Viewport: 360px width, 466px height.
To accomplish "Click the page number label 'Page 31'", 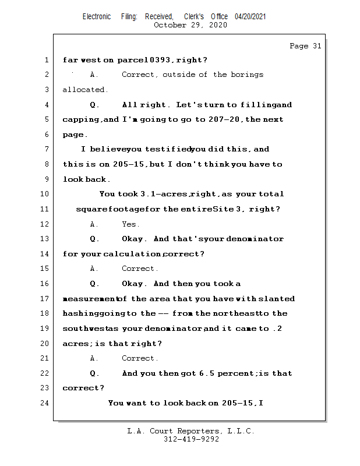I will tap(305, 46).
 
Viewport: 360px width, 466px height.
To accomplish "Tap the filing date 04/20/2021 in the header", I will tap(250, 17).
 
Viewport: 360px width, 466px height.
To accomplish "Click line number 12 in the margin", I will tap(45, 224).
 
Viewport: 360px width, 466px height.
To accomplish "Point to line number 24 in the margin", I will tap(45, 403).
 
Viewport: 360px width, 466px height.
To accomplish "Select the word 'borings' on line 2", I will tap(247, 75).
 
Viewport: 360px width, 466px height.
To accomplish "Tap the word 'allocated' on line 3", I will tap(85, 90).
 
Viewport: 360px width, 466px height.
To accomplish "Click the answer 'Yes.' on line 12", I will tap(130, 224).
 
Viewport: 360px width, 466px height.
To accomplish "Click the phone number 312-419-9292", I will tap(191, 440).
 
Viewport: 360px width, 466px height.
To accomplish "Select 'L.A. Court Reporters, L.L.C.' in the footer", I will tap(191, 432).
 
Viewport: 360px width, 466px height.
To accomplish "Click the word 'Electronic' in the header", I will tap(97, 17).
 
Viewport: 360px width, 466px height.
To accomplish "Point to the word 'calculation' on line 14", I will tap(133, 254).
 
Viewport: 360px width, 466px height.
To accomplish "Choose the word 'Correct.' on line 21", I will tap(140, 358).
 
